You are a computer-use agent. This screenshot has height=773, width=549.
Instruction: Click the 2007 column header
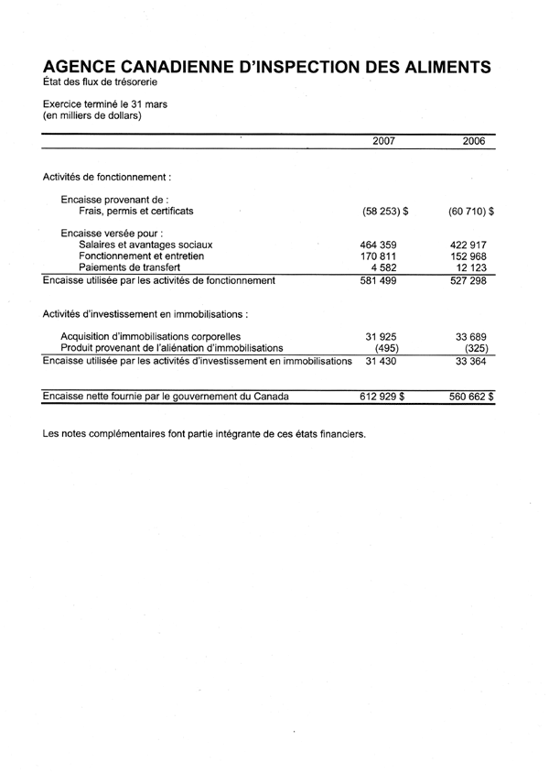[384, 142]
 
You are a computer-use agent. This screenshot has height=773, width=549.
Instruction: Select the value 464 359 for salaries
[383, 245]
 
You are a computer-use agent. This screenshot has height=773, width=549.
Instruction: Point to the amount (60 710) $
[472, 212]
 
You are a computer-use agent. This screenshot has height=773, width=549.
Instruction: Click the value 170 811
[383, 256]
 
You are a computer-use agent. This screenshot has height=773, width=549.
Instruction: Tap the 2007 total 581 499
[383, 280]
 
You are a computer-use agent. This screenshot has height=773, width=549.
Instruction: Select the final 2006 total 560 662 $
[472, 397]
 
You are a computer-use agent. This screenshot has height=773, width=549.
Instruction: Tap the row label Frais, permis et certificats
[136, 212]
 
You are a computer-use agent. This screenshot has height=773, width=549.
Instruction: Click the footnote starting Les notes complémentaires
[204, 433]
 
